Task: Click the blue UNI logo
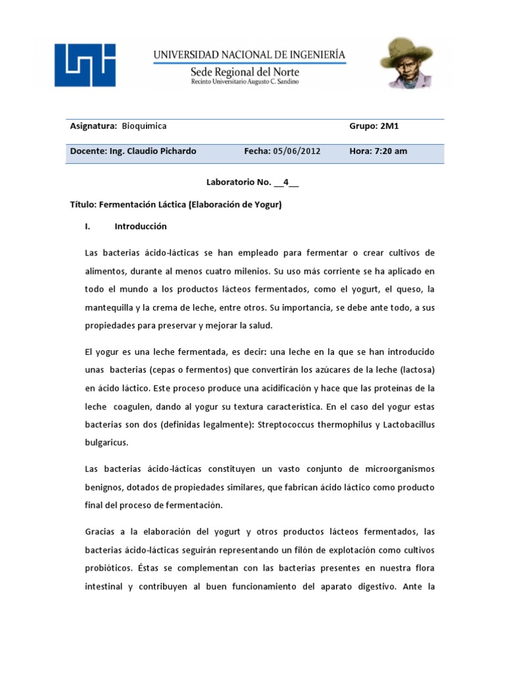click(x=85, y=65)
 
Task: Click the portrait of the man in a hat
click(x=405, y=63)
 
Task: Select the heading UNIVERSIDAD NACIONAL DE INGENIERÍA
click(x=249, y=55)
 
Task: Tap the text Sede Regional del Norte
click(x=245, y=72)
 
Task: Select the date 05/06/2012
click(x=297, y=151)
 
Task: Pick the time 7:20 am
click(x=390, y=151)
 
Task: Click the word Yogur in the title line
click(x=265, y=205)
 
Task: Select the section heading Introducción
click(x=141, y=226)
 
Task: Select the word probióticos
click(x=109, y=567)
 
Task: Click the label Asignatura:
click(x=93, y=126)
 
